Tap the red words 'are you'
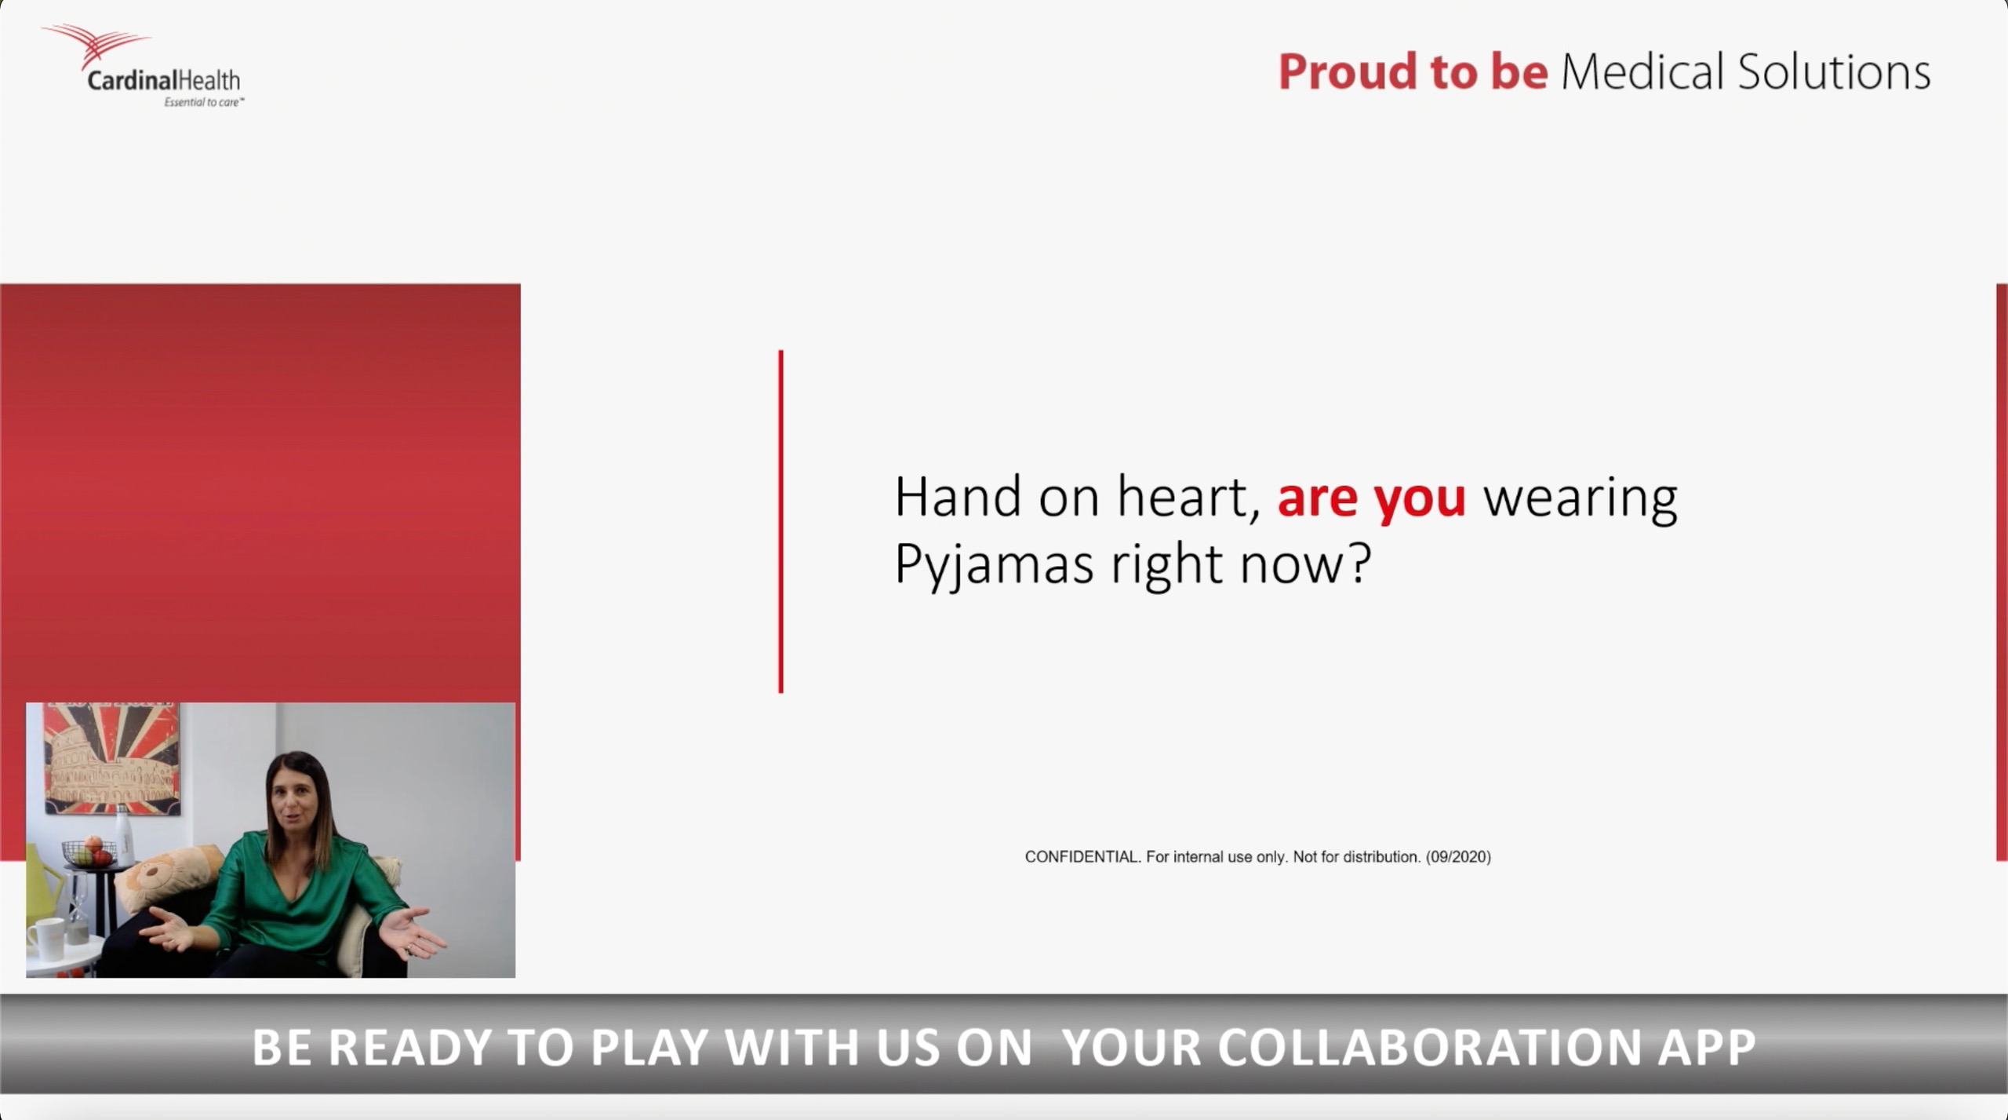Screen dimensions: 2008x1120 (1371, 498)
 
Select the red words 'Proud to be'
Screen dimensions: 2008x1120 (1413, 71)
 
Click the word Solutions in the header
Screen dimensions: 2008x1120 (1834, 71)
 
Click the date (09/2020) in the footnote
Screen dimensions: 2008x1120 (1459, 857)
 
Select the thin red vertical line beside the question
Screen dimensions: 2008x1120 (780, 521)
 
